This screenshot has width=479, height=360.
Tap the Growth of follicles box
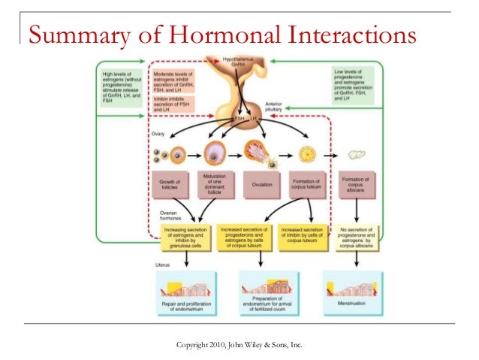click(x=170, y=183)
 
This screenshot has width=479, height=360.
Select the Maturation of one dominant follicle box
click(x=214, y=183)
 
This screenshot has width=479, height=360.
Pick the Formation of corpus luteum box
click(x=308, y=183)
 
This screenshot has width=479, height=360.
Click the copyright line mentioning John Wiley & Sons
click(x=239, y=345)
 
